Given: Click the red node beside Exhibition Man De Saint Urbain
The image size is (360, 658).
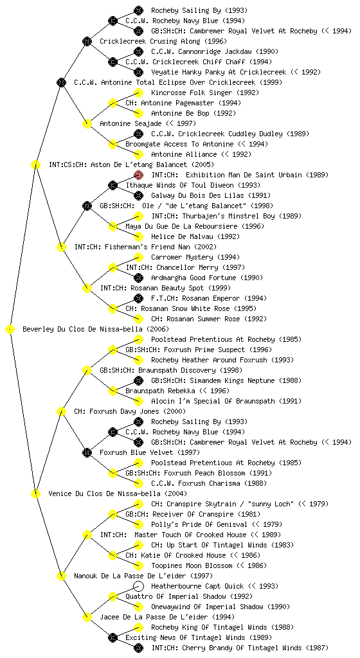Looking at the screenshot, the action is click(x=138, y=175).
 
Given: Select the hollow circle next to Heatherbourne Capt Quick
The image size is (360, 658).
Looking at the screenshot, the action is click(x=138, y=586).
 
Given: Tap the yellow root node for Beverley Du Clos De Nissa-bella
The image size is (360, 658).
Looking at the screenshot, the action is click(x=10, y=329).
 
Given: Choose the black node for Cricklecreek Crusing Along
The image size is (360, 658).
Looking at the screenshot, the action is click(x=87, y=41).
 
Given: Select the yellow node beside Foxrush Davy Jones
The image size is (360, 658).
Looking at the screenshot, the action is click(x=61, y=411).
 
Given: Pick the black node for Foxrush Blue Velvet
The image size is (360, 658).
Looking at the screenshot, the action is click(x=87, y=452).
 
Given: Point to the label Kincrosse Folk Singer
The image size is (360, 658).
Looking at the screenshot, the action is click(x=192, y=93).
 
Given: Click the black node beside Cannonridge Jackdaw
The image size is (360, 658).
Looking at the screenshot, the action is click(x=138, y=51).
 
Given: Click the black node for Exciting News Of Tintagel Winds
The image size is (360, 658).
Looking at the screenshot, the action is click(x=113, y=637).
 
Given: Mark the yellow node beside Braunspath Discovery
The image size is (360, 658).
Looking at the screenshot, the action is click(x=87, y=370).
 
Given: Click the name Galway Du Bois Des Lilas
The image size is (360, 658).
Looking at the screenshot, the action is click(x=195, y=195).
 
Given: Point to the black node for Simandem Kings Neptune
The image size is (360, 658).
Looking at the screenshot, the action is click(x=138, y=380).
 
